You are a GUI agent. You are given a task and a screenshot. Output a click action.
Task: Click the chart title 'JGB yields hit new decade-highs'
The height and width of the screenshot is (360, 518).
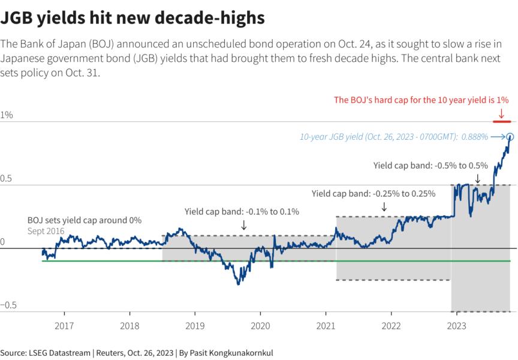(x=132, y=18)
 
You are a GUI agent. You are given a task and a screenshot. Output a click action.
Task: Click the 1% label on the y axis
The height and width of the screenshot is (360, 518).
(x=7, y=115)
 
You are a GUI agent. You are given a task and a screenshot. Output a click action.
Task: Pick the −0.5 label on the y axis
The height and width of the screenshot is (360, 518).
(x=8, y=305)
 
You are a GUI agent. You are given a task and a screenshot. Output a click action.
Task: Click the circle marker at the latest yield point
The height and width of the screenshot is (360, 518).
(x=510, y=137)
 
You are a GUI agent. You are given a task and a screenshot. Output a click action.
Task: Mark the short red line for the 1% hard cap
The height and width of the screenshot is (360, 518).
(x=502, y=122)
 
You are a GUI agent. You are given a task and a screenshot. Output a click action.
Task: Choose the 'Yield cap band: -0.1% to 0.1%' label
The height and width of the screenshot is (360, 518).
(x=242, y=211)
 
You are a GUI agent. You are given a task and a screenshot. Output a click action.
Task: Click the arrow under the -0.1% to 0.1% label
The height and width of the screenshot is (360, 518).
(x=243, y=224)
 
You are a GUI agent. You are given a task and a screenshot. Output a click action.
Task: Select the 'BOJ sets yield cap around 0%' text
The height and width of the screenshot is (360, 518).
(x=85, y=220)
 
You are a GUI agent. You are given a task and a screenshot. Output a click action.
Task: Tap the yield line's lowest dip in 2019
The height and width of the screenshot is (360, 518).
(x=239, y=283)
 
